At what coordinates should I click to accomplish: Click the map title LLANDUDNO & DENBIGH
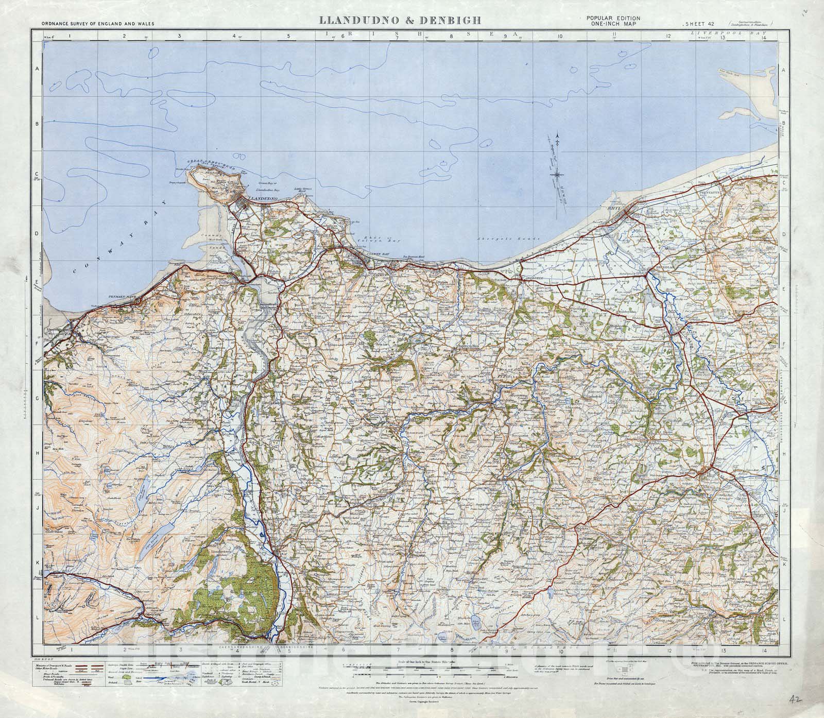(x=400, y=21)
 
